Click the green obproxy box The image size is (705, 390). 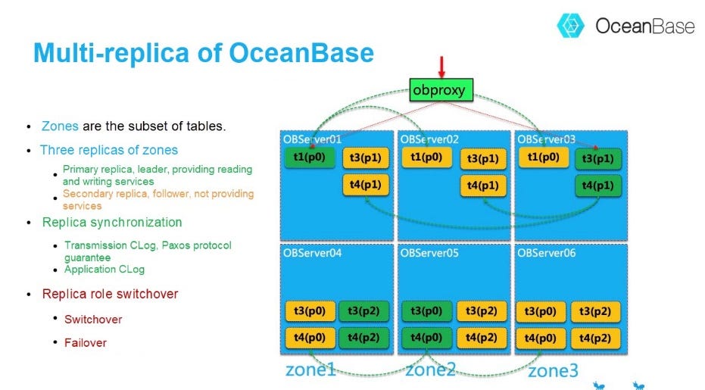click(441, 90)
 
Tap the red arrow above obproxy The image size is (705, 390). click(441, 67)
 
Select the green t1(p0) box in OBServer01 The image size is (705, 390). click(309, 158)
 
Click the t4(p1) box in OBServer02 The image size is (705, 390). click(483, 186)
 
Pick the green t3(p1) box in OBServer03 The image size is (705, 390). click(598, 158)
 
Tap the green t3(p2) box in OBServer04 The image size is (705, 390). click(363, 310)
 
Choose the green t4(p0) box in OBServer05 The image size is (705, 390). click(426, 338)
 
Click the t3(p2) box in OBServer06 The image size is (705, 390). click(595, 311)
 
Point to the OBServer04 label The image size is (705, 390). click(313, 253)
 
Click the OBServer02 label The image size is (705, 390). click(429, 139)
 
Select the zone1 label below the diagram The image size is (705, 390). click(310, 370)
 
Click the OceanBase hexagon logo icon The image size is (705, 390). click(570, 25)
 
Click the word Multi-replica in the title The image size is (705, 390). click(112, 53)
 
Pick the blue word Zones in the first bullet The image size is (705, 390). click(60, 126)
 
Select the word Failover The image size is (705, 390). click(86, 343)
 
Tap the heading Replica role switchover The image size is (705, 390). click(110, 294)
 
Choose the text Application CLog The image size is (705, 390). click(105, 270)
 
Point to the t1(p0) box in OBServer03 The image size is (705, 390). click(543, 158)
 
